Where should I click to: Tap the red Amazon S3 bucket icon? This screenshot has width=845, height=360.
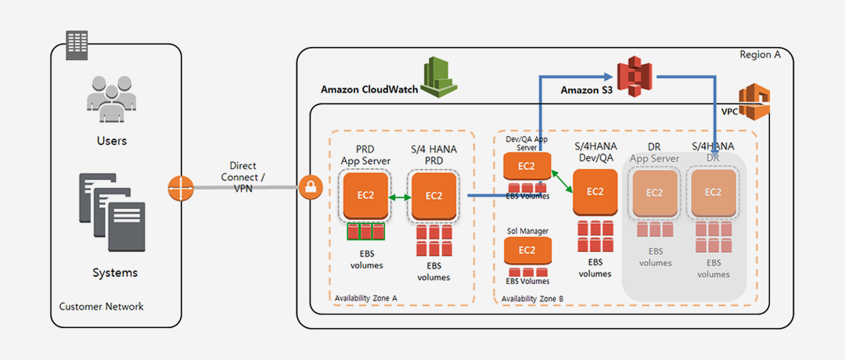(x=635, y=77)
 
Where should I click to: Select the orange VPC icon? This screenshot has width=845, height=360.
(x=755, y=102)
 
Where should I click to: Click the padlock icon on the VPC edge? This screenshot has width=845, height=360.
(x=310, y=188)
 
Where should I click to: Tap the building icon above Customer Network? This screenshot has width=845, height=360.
(x=77, y=45)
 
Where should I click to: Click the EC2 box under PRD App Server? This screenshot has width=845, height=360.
(x=365, y=195)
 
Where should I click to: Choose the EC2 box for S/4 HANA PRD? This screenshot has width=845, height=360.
(x=433, y=195)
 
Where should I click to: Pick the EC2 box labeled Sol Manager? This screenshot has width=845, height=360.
(x=527, y=250)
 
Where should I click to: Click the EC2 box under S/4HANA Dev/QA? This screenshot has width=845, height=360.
(x=595, y=192)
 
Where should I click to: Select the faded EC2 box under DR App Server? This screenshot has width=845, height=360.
(x=655, y=192)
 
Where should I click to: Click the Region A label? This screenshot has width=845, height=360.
(x=760, y=55)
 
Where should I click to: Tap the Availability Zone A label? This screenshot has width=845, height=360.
(x=365, y=298)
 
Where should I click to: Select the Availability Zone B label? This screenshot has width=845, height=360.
(x=532, y=298)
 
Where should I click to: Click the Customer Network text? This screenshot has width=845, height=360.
(x=102, y=306)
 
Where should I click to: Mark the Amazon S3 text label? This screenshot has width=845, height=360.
(x=585, y=91)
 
